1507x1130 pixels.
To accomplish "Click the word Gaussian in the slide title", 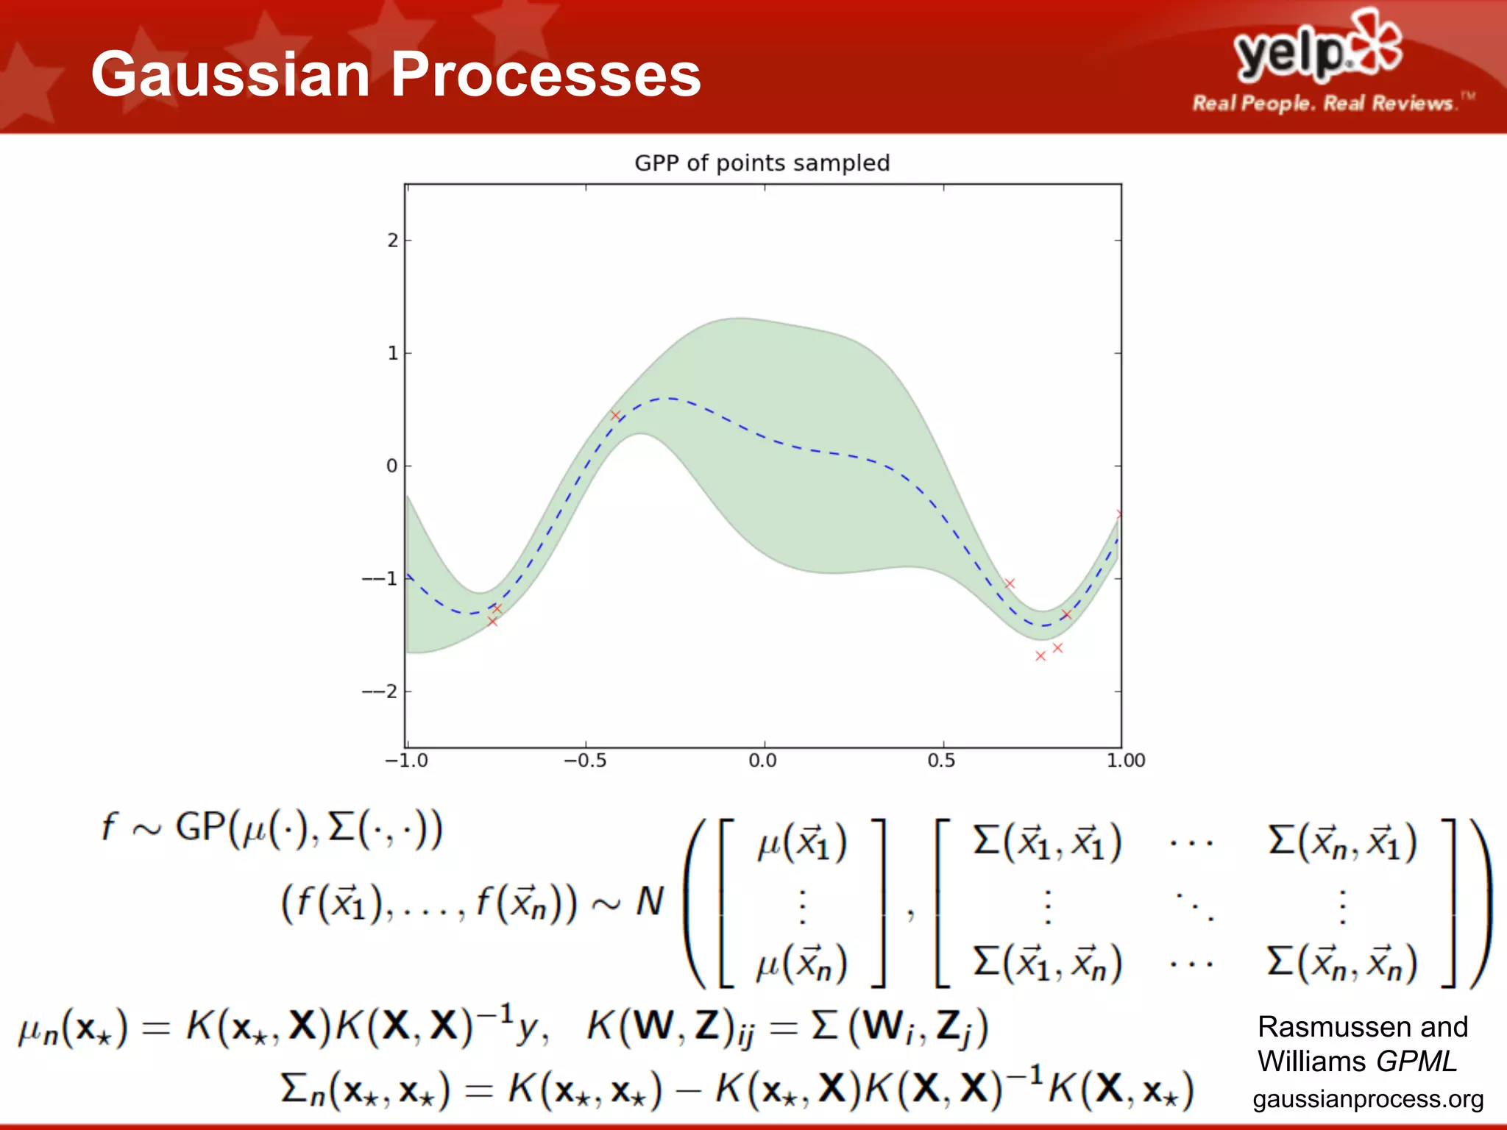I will point(230,74).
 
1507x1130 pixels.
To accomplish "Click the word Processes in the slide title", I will point(545,74).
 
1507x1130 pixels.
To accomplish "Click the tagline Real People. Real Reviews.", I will point(1324,103).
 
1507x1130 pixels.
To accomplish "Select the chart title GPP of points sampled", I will point(762,163).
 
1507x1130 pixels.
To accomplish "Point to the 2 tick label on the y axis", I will point(393,241).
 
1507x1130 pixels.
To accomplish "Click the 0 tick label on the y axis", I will point(391,466).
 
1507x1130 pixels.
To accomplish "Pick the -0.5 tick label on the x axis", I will point(585,761).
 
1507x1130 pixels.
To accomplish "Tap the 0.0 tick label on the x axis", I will point(762,761).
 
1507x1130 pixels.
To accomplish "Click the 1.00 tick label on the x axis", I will point(1125,761).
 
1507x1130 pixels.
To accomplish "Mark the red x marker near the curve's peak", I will point(615,416).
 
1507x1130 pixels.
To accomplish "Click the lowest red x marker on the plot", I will point(1040,655).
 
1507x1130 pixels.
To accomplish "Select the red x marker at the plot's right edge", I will point(1119,514).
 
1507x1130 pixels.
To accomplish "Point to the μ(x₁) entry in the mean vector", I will point(802,843).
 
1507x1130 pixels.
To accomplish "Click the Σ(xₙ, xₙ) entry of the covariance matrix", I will point(1342,963).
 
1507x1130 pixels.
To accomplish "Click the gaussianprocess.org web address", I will point(1368,1099).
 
